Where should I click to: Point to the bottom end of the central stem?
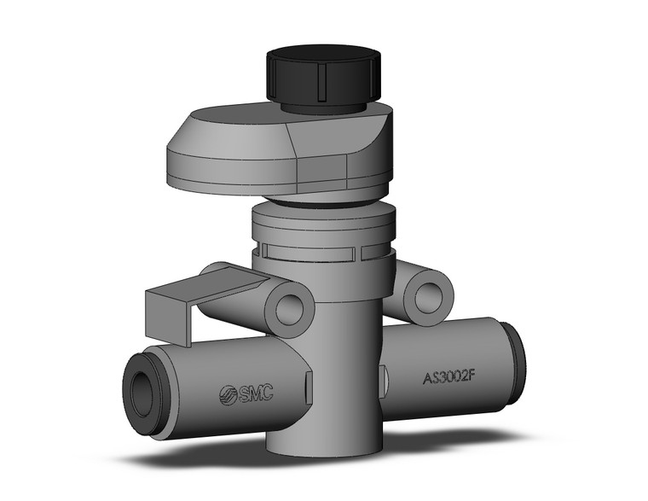coord(320,444)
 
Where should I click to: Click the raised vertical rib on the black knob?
coord(318,81)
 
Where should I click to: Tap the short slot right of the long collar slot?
coord(375,252)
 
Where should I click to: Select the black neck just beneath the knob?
coord(328,108)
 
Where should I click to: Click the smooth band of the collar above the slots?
coord(323,226)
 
